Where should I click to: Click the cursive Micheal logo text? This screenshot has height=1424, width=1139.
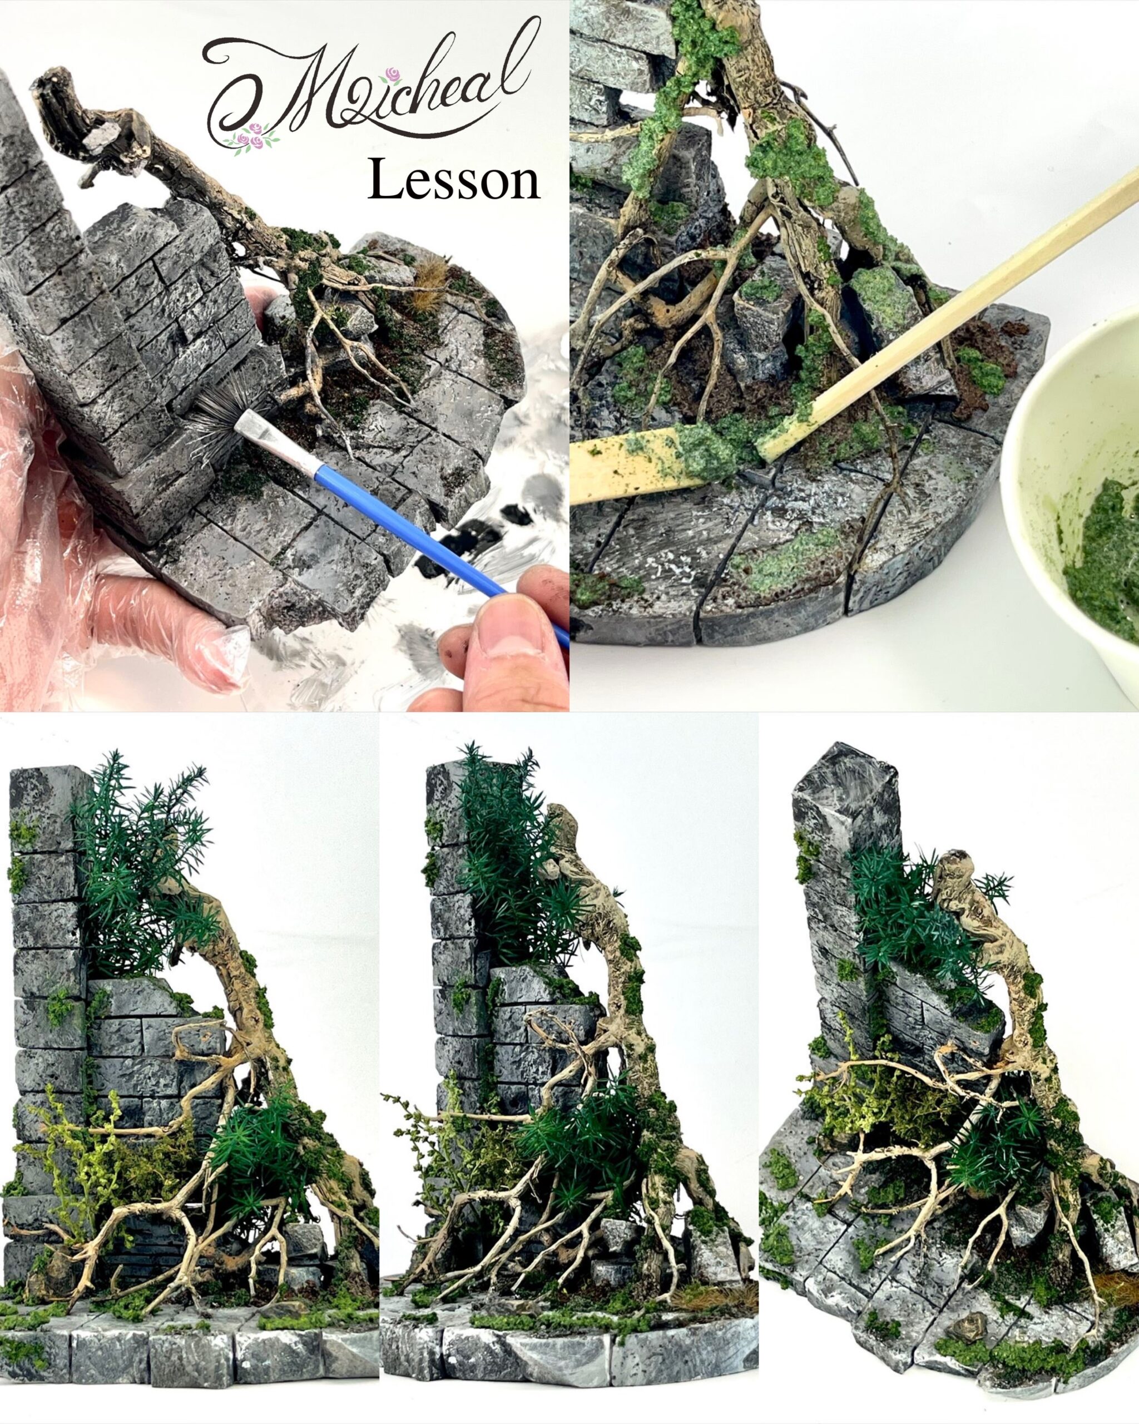pos(370,82)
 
